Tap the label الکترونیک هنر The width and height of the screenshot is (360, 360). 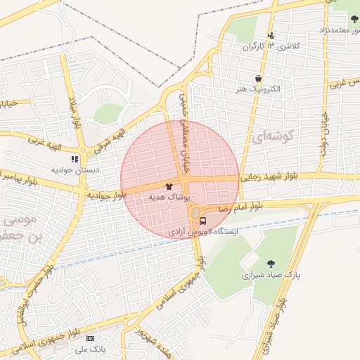(x=259, y=89)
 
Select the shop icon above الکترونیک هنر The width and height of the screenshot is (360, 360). (x=259, y=79)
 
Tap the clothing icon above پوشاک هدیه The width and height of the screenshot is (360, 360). (x=169, y=187)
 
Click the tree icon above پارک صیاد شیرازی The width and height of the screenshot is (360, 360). (x=271, y=264)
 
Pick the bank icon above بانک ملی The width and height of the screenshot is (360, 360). (x=89, y=339)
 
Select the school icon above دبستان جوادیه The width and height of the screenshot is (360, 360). (x=75, y=160)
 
